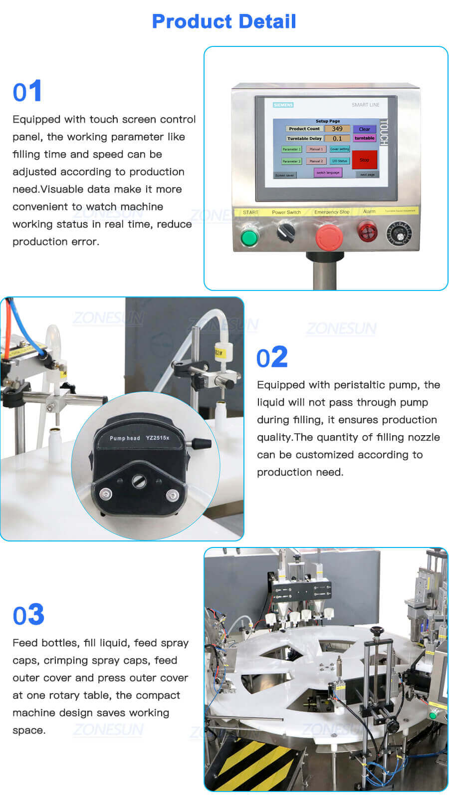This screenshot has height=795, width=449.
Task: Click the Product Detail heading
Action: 224,21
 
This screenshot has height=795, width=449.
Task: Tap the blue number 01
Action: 27,92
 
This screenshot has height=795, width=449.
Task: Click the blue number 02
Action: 272,357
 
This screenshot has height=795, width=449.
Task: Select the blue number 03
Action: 28,615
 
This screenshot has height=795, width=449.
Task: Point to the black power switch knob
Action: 286,232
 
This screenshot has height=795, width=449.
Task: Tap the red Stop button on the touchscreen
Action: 365,160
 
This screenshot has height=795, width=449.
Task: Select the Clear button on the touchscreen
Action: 364,129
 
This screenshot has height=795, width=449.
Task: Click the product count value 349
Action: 337,129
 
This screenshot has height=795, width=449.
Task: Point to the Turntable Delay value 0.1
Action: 337,138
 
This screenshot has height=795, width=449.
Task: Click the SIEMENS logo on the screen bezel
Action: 283,105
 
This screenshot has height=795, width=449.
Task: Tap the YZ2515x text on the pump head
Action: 158,438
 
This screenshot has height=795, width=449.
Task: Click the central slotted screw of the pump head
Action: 139,481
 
